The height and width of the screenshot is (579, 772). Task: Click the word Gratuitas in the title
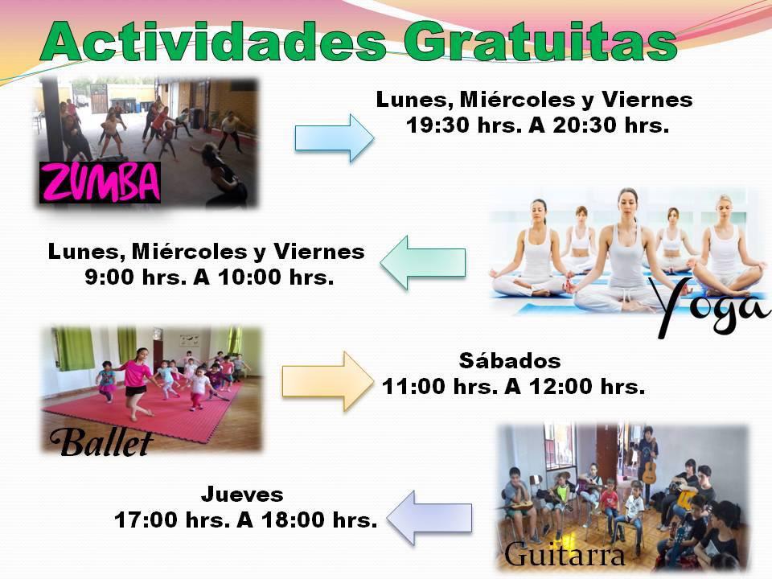pos(540,41)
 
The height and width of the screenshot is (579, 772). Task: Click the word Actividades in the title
pos(214,41)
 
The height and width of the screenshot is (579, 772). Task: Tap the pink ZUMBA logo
pos(100,183)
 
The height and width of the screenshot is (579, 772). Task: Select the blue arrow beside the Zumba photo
pos(335,138)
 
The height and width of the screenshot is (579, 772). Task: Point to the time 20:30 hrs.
pos(610,125)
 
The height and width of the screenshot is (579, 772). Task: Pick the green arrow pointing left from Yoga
pos(423,262)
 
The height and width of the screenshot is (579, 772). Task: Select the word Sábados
pos(510,361)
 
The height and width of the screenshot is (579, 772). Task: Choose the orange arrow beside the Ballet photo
pos(327,381)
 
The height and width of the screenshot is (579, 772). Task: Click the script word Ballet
pos(101,442)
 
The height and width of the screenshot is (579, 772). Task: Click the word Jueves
pos(242,495)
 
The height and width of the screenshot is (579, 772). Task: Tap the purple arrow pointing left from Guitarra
pos(429,518)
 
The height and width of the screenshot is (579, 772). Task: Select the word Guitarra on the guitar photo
pos(565,554)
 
